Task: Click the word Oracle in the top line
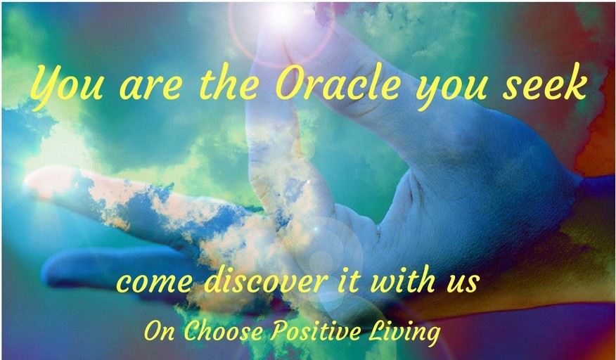pyautogui.click(x=338, y=86)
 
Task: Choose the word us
pyautogui.click(x=465, y=283)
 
